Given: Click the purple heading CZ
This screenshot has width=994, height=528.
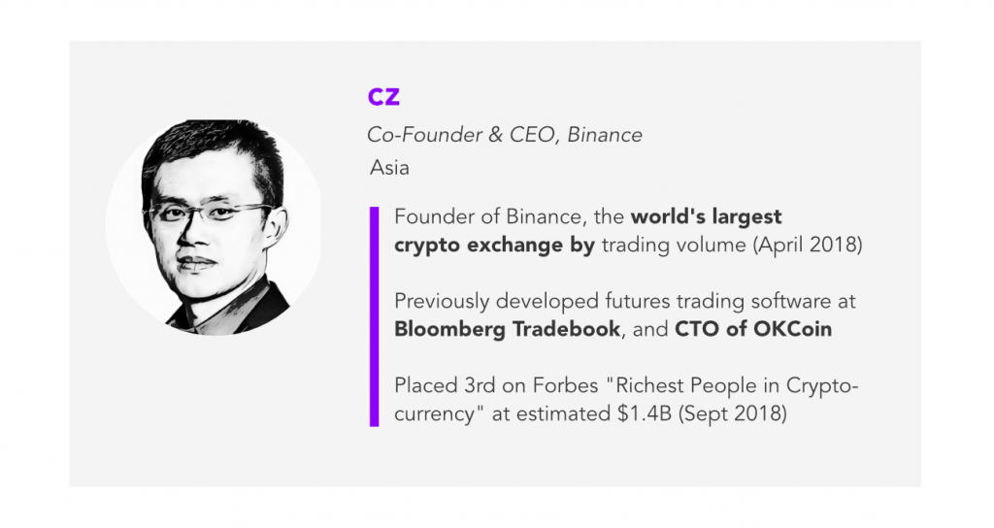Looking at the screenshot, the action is (383, 96).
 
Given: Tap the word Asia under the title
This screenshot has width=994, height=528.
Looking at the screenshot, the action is (389, 167).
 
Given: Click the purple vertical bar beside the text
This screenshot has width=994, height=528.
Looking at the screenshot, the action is (374, 316).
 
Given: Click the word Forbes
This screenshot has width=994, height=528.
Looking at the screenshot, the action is (566, 385).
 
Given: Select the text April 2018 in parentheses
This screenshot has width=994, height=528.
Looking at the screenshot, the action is (808, 245).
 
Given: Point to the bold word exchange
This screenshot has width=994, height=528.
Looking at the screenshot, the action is (514, 245).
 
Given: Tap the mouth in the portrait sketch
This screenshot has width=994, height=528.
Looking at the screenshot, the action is (196, 261).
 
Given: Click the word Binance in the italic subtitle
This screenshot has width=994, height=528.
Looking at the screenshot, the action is (605, 134).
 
